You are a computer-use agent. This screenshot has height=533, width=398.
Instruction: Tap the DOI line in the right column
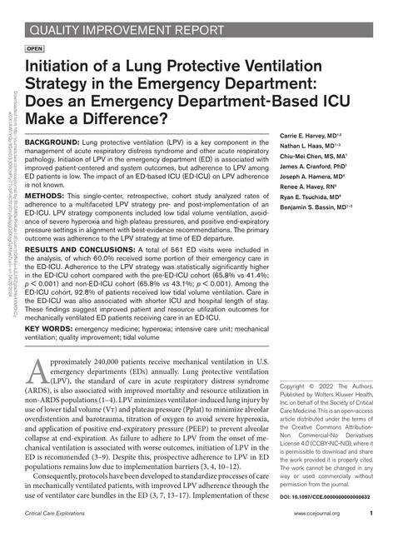331,496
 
